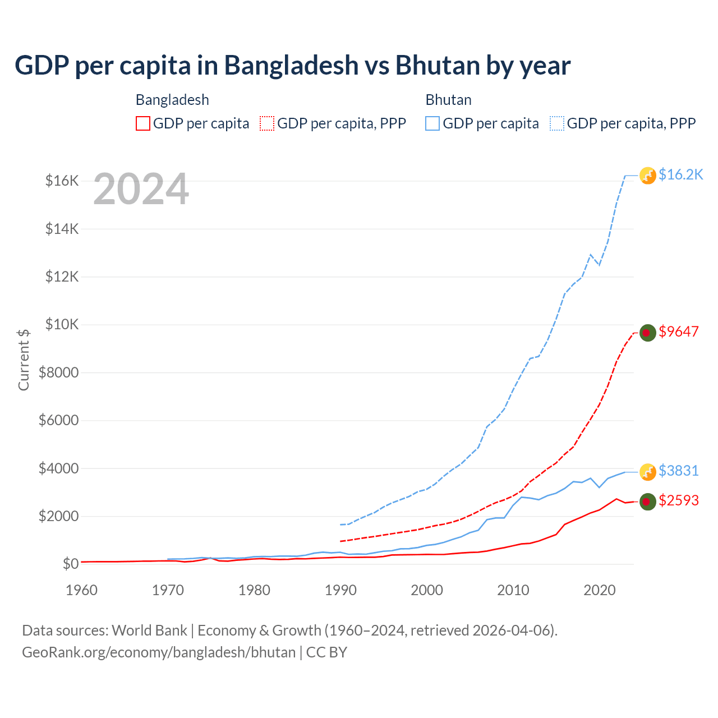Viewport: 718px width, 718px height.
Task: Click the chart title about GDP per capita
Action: (x=292, y=66)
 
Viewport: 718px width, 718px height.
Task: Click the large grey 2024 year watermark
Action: (x=141, y=190)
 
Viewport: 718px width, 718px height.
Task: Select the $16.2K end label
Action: (x=680, y=175)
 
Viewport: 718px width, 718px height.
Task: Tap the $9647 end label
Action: (x=679, y=332)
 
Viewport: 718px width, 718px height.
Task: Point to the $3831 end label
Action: (x=679, y=471)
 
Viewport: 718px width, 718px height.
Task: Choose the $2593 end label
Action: (x=679, y=500)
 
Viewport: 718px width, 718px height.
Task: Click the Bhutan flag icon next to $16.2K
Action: (x=648, y=176)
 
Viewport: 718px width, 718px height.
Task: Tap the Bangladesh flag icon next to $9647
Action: (x=648, y=333)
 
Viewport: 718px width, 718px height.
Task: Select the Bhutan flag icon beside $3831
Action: (x=648, y=472)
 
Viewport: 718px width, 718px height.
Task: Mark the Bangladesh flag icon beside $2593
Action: (x=648, y=501)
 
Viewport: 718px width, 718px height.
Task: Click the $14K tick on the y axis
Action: (x=62, y=229)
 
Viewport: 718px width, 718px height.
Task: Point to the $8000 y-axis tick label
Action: (x=59, y=372)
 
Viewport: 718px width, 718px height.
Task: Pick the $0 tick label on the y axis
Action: (x=70, y=564)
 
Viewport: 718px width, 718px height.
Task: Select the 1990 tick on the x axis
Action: (x=340, y=590)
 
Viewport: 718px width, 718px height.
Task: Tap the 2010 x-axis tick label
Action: (x=513, y=590)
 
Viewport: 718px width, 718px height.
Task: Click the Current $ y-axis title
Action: (x=24, y=360)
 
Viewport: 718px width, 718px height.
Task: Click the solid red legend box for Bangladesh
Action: (x=143, y=123)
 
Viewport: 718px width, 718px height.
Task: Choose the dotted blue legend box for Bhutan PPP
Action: (x=557, y=123)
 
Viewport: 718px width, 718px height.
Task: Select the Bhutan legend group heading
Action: (x=448, y=100)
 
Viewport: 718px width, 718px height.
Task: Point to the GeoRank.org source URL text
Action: (x=159, y=652)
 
